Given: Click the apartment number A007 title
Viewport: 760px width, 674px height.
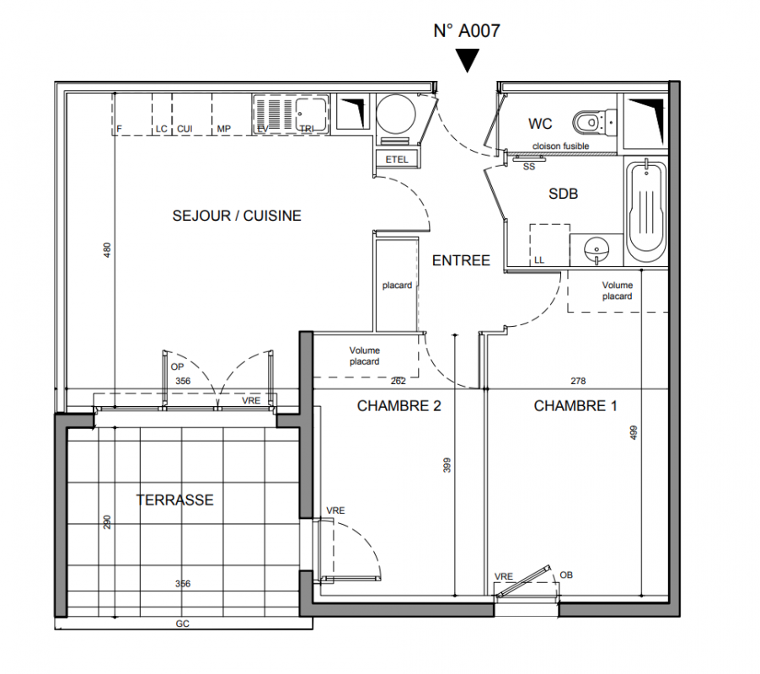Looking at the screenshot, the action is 466,30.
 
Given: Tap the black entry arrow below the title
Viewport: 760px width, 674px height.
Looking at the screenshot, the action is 468,60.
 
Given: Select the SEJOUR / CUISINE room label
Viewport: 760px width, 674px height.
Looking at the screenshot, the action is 237,216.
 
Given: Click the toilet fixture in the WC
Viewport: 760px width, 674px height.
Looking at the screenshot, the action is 594,122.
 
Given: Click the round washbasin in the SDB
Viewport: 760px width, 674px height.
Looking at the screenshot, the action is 597,250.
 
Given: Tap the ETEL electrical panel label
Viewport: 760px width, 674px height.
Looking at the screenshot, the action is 397,159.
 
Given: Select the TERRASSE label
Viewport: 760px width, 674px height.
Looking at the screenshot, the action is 174,500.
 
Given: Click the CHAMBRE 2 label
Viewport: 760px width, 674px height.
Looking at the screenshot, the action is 399,405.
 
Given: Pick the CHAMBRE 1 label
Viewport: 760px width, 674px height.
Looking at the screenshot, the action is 575,405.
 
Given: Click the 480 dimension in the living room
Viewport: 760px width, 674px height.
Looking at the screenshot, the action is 107,250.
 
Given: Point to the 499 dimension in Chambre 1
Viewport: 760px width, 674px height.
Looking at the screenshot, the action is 633,433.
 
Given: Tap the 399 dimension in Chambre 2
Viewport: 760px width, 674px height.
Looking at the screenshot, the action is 447,465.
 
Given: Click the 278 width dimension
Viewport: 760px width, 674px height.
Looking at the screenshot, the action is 578,381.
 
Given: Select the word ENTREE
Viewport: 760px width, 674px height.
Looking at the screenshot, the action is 461,260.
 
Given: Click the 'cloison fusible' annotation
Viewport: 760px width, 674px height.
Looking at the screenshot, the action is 560,146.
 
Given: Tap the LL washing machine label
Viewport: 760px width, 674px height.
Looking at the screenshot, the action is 539,260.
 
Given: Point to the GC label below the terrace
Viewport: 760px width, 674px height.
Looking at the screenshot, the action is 182,623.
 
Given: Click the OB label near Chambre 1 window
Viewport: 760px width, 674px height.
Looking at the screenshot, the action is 566,575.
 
